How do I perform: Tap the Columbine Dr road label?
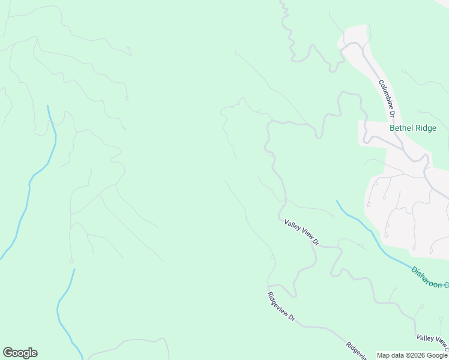coord(386,98)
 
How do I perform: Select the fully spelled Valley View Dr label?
coord(301,232)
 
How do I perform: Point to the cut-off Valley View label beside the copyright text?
coord(432,343)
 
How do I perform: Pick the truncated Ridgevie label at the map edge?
coord(357,351)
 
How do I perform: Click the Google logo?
coord(20,353)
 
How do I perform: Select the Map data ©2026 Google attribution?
coord(412,355)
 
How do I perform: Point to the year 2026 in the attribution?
coord(414,355)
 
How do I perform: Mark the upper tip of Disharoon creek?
coord(337,201)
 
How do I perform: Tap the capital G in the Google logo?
coord(8,353)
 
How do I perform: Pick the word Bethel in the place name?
coord(401,128)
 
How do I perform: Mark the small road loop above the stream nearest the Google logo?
coord(71,261)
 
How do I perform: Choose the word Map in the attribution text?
coord(384,355)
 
